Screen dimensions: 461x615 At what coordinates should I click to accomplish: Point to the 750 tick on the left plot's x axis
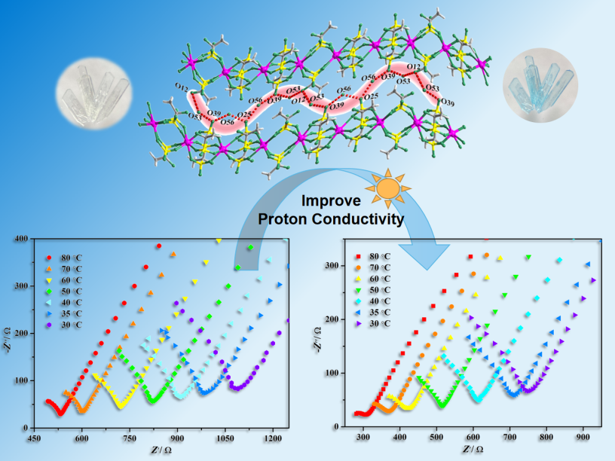tap(130, 437)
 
